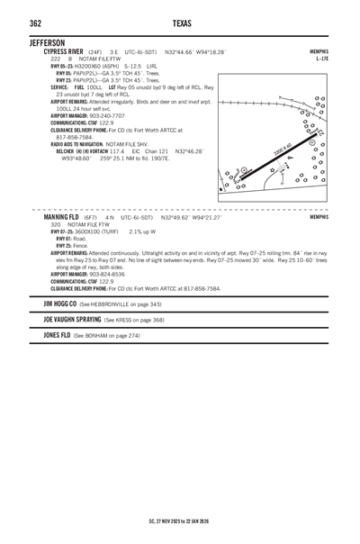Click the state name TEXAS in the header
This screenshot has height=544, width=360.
pyautogui.click(x=179, y=23)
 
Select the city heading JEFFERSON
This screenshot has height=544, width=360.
pyautogui.click(x=47, y=42)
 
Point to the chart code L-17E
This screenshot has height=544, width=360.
pyautogui.click(x=322, y=59)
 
